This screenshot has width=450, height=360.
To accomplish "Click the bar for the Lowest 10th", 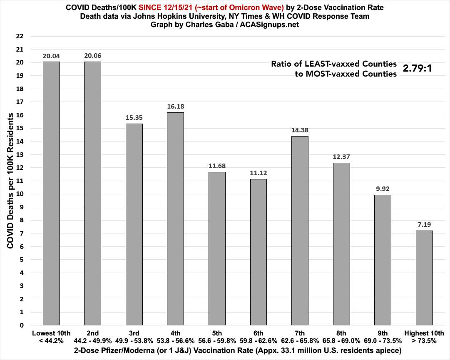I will [51, 194].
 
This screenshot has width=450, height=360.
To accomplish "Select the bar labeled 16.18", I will [175, 218].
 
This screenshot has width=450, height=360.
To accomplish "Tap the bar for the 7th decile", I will [300, 231].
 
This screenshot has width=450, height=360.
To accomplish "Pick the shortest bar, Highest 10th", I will [424, 278].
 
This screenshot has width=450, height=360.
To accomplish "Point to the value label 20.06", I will [92, 56].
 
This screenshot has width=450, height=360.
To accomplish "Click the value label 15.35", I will [134, 117].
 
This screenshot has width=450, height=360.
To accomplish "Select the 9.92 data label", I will [383, 189].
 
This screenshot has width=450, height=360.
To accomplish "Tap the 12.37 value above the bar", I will [341, 156].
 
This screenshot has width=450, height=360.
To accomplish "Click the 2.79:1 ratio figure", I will [417, 68].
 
